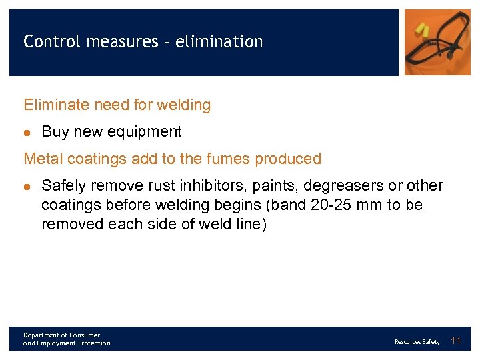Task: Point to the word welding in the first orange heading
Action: point(185,105)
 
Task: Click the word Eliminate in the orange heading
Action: point(51,105)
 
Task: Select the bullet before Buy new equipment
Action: point(28,132)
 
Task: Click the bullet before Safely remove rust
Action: point(28,186)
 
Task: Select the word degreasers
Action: point(343,185)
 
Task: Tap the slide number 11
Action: point(456,341)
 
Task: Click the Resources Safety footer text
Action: point(417,342)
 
